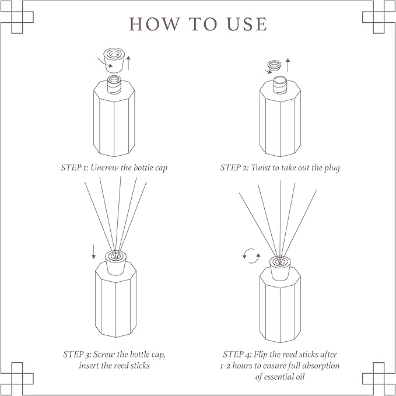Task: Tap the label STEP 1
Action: [74, 167]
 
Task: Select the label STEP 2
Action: [233, 167]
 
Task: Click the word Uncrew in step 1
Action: [106, 167]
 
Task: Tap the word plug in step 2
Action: [330, 167]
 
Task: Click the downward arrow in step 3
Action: [93, 252]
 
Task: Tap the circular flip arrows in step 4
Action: [251, 255]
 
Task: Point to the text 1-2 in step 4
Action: [226, 366]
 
